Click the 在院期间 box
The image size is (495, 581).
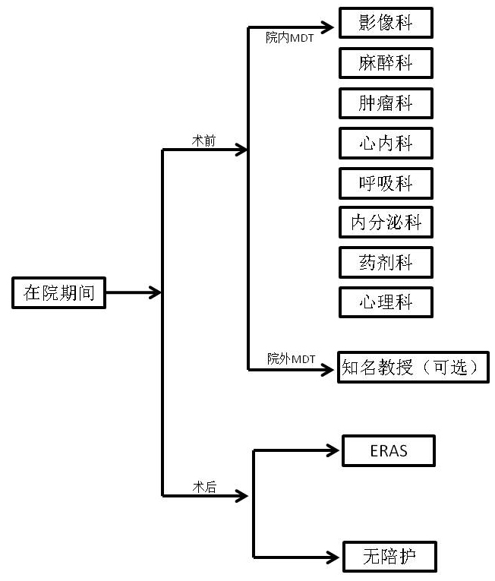point(58,293)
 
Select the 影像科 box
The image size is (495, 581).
point(386,23)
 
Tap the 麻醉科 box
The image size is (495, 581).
point(386,62)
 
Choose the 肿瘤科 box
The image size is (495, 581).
point(386,103)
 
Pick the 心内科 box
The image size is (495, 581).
point(386,143)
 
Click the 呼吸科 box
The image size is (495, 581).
point(386,183)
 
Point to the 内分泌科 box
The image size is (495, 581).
point(386,223)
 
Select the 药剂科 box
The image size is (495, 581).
point(386,263)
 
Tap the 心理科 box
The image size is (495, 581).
point(386,302)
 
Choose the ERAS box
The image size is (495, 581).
point(388,450)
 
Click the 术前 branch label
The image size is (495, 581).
point(203,141)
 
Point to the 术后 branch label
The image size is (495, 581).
point(203,488)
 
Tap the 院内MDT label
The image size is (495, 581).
point(289,37)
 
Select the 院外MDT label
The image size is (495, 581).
point(291,358)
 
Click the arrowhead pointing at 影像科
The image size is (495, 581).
point(327,28)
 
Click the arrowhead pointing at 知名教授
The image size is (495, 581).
point(327,370)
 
